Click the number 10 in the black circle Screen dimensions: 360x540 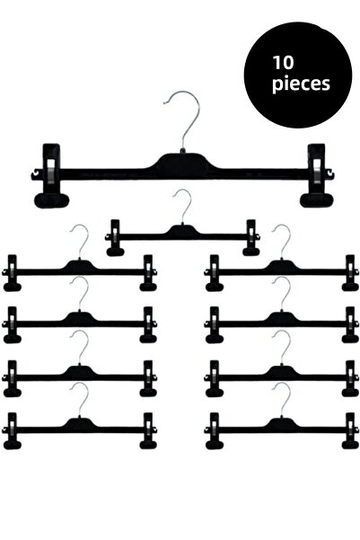tap(283, 63)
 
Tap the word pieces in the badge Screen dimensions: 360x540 tap(301, 84)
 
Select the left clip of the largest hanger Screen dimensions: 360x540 tap(51, 175)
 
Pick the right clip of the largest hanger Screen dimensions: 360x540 tap(317, 175)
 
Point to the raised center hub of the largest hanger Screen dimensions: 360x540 tap(183, 163)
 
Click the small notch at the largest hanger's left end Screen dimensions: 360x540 tap(34, 175)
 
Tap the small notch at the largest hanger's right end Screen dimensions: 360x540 tap(330, 174)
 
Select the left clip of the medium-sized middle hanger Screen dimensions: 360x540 tap(115, 237)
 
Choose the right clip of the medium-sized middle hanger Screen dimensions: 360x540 tap(250, 237)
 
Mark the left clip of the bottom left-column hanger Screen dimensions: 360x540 tap(12, 430)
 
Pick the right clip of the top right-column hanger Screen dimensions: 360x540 tap(350, 273)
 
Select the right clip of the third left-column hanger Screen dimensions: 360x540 tap(148, 378)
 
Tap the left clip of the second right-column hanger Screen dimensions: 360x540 tap(214, 324)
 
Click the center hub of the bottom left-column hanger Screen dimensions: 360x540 tap(80, 423)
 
